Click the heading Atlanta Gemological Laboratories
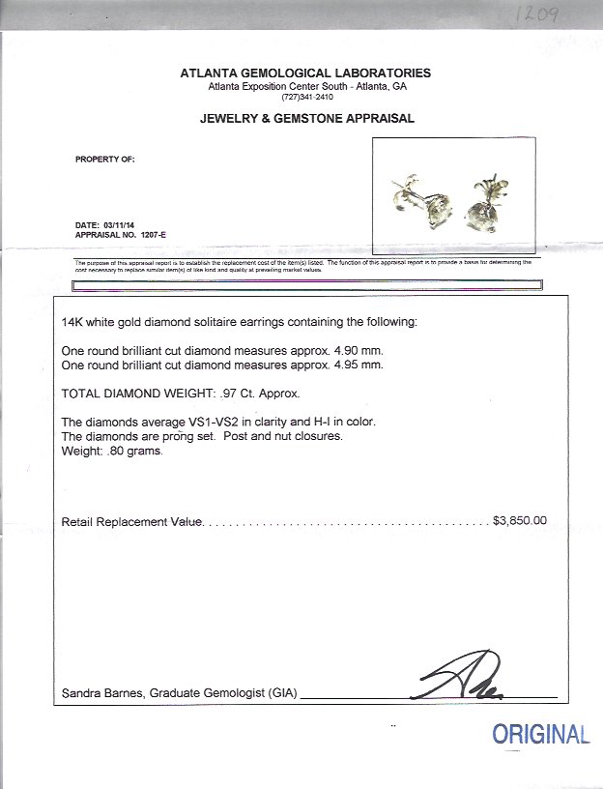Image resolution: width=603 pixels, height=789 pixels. (305, 73)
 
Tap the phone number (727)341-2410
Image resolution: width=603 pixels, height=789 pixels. (307, 97)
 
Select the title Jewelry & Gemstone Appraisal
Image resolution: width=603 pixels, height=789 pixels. (306, 119)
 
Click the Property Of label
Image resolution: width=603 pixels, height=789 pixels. (105, 159)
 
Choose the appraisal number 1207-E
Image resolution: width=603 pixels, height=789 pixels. (140, 235)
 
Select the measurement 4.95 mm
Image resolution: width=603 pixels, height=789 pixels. (361, 365)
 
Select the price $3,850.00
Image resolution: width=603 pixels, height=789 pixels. (520, 520)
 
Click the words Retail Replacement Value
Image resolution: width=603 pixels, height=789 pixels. (131, 521)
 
